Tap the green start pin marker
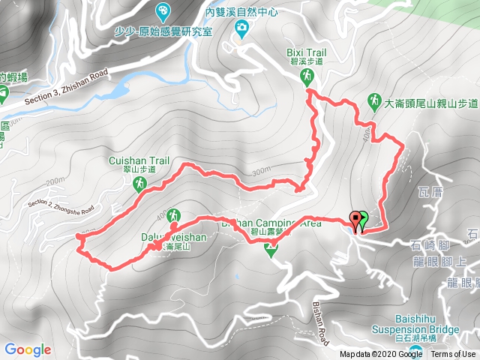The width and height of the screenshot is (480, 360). pos(364,220)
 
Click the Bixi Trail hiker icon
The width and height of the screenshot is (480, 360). pos(307,76)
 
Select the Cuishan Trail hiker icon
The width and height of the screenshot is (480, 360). pos(139,183)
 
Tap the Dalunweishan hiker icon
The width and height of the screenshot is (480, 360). pos(174,215)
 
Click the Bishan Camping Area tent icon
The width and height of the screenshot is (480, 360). pos(271,251)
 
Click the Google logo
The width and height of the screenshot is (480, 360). pos(27,349)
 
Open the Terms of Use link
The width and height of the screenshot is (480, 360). pos(453,355)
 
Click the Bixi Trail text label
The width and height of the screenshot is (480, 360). pos(307,52)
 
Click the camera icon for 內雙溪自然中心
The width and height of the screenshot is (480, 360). pos(241,28)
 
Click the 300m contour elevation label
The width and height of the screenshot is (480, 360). pos(261,172)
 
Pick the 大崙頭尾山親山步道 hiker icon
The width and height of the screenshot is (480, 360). pos(373,100)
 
